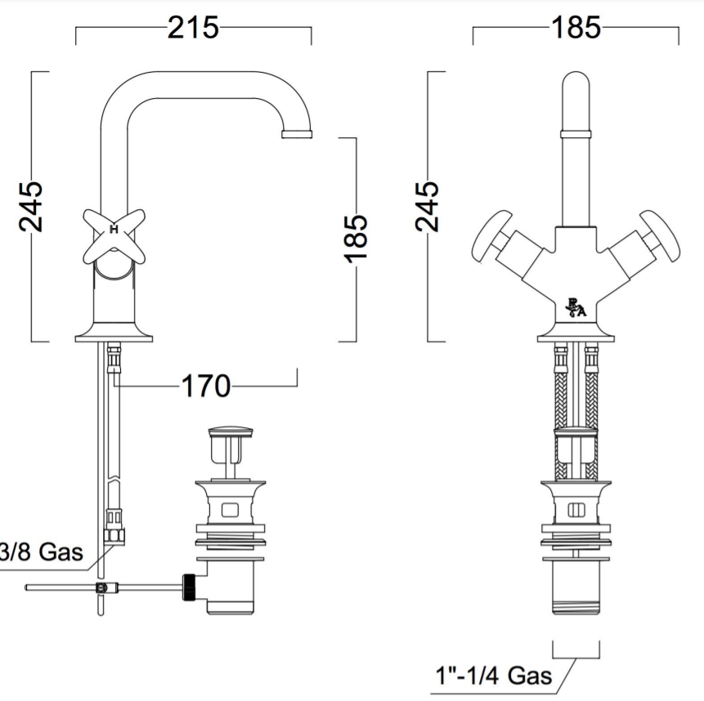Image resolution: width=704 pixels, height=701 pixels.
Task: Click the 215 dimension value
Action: [x=194, y=27]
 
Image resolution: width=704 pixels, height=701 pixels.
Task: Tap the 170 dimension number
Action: [x=205, y=386]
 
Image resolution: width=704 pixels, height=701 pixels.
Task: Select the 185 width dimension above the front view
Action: [x=576, y=27]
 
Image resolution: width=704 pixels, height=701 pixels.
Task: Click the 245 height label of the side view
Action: [x=31, y=207]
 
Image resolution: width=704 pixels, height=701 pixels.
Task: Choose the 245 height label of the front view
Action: [x=427, y=207]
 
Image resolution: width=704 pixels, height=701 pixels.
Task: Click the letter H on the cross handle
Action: [x=114, y=230]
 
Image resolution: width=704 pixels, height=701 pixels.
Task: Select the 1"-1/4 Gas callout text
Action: [x=493, y=676]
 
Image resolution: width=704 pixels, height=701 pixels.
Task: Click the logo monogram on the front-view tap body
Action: [x=576, y=308]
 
